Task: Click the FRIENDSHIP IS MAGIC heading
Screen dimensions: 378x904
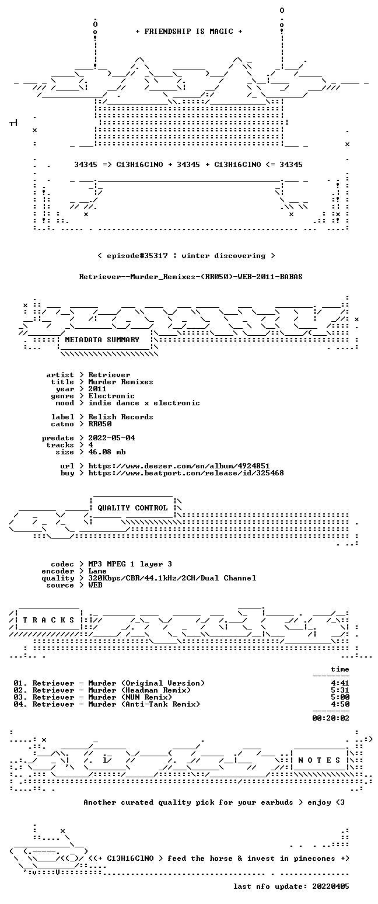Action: coord(188,32)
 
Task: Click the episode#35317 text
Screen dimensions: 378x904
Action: coord(137,256)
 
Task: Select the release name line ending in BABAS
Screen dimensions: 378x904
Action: coord(191,277)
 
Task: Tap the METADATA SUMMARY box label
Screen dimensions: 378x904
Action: coord(102,340)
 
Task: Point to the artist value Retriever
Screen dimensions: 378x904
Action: coord(109,375)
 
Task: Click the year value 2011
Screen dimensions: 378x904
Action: coord(97,389)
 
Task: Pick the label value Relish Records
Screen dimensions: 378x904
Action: coord(121,417)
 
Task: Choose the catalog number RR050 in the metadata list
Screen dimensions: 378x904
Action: coord(100,424)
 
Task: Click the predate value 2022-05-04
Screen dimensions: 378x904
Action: coord(111,438)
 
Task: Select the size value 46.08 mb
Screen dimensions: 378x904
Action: coord(107,452)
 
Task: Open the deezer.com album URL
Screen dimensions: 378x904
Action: coord(179,466)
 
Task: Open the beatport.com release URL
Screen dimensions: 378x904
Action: coord(186,473)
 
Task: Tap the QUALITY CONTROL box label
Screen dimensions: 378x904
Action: coord(132,508)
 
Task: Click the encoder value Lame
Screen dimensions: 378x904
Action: coord(97,572)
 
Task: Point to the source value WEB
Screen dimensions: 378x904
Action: coord(95,585)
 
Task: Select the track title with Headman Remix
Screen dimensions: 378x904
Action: coord(111,690)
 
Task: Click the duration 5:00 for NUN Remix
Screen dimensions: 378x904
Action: coord(340,697)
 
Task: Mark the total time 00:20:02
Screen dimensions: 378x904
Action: coord(331,718)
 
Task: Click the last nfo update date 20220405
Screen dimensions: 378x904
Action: coord(331,886)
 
